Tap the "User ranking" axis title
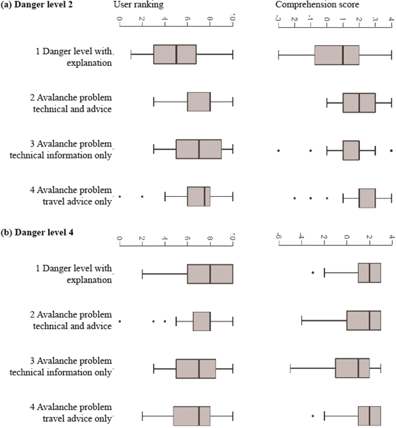(139, 5)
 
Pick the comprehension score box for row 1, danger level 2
(336, 54)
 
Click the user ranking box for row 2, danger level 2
(199, 102)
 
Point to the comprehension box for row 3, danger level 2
(351, 150)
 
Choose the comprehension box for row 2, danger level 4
(364, 321)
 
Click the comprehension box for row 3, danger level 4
(352, 368)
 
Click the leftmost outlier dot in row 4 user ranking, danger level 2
(119, 197)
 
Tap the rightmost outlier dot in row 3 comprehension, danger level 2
(391, 150)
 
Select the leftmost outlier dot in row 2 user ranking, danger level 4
(119, 321)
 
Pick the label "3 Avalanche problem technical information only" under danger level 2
(73, 150)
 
